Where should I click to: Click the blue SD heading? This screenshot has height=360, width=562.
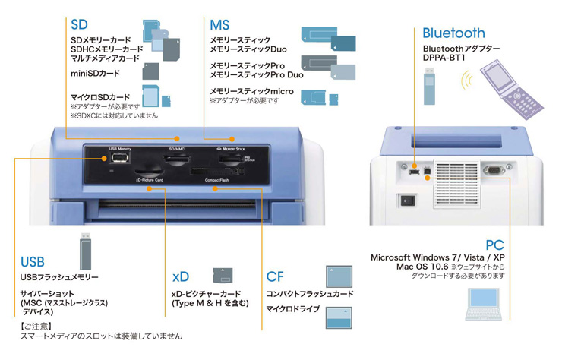(x=79, y=24)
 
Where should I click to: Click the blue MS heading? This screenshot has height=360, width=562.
(x=219, y=24)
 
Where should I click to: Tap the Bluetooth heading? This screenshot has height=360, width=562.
(x=453, y=33)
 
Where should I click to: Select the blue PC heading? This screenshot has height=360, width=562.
(x=494, y=245)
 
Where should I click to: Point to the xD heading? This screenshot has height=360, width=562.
(x=180, y=276)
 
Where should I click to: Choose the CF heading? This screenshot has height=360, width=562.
(x=275, y=276)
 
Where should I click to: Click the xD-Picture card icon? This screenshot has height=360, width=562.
(x=222, y=274)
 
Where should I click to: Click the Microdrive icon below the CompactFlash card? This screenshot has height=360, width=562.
(x=338, y=315)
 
